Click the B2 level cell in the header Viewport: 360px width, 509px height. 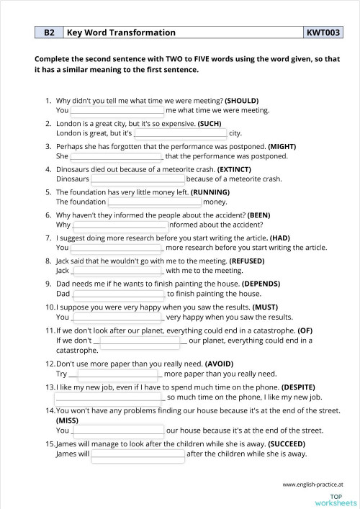click(x=49, y=32)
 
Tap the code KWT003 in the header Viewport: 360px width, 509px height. click(x=323, y=32)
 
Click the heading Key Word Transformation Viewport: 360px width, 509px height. click(x=121, y=32)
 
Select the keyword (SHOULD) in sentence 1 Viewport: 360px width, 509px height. click(x=242, y=100)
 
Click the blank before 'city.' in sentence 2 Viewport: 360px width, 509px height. click(x=180, y=134)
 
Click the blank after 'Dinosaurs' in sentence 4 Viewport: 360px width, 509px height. click(x=138, y=179)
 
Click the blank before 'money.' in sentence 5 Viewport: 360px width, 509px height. click(x=155, y=202)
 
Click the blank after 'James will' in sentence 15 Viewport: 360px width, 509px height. click(x=138, y=454)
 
